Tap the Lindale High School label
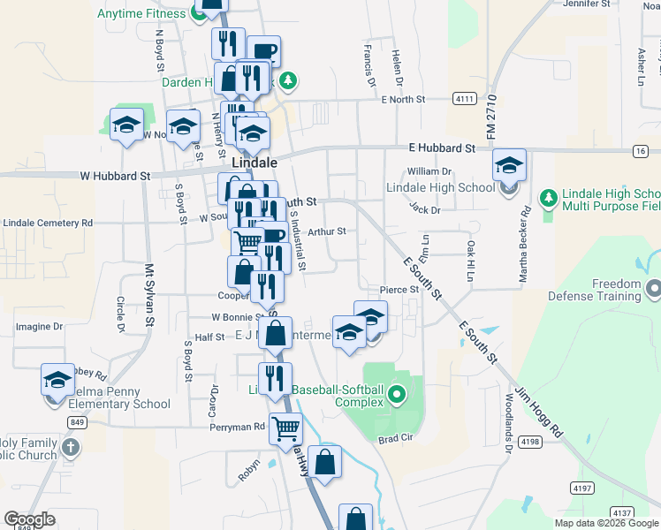(x=440, y=187)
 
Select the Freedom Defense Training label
(x=604, y=291)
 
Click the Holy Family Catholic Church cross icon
(x=72, y=446)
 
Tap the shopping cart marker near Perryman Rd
(x=285, y=429)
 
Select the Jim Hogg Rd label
(x=537, y=411)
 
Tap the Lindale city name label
(x=255, y=163)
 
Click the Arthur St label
(x=326, y=231)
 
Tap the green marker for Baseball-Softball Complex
(x=397, y=394)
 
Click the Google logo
(x=28, y=519)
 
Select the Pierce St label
(x=399, y=289)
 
